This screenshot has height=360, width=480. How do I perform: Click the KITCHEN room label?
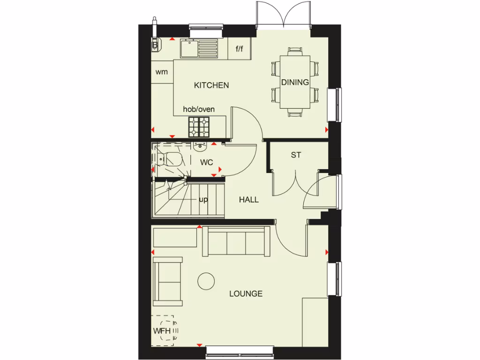tap(211, 85)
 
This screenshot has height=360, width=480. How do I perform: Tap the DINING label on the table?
tap(295, 82)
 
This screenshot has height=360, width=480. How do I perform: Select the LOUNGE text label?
tap(246, 294)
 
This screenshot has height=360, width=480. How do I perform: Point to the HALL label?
tap(249, 200)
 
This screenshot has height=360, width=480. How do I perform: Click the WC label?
tap(207, 163)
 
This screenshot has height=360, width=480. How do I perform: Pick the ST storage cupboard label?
tap(295, 155)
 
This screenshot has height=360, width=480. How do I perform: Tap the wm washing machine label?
tap(162, 72)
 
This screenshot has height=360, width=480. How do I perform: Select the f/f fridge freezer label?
tap(240, 48)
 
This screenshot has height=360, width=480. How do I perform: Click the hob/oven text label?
tap(199, 109)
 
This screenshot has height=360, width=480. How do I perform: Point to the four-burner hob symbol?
tap(200, 126)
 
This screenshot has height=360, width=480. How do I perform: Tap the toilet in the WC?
tap(171, 159)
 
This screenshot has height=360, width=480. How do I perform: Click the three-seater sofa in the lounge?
tap(236, 241)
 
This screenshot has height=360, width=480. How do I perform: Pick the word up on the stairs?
tap(203, 199)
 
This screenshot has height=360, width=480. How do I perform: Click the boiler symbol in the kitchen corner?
tap(155, 45)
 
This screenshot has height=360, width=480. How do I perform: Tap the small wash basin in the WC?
tap(201, 147)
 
